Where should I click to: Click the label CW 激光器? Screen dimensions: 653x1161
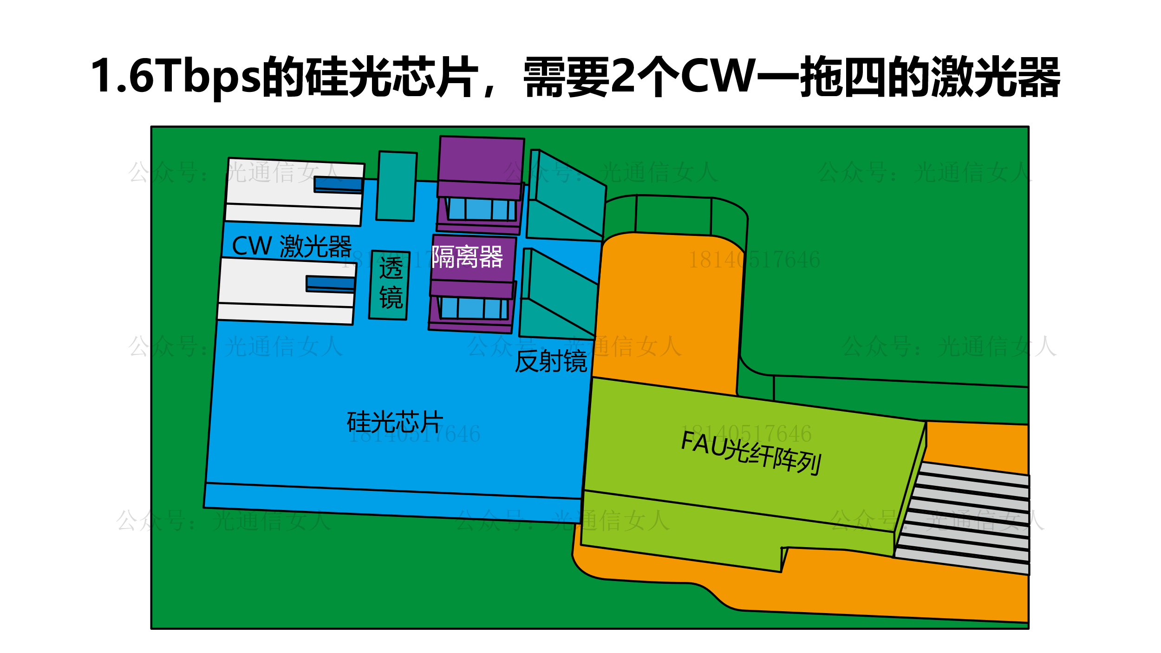(292, 246)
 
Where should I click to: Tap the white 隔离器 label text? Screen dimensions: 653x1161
(467, 257)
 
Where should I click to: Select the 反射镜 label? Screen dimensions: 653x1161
(551, 361)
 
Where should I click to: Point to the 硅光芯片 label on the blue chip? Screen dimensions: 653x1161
(395, 422)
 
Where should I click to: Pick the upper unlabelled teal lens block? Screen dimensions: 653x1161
(396, 186)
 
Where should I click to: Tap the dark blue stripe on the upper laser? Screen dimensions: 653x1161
(338, 184)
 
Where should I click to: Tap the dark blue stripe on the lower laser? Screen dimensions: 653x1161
(330, 283)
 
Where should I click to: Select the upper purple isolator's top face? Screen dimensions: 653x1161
(481, 159)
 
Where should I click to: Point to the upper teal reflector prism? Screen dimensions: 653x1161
(569, 195)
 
